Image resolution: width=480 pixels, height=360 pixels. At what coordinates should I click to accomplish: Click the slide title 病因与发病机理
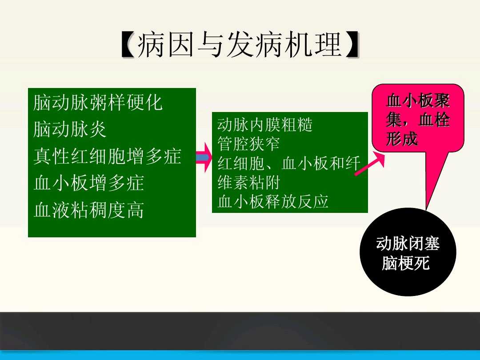tap(240, 45)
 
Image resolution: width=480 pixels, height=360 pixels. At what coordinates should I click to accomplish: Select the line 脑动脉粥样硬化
tap(98, 103)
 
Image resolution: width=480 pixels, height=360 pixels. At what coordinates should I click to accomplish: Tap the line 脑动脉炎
tap(70, 130)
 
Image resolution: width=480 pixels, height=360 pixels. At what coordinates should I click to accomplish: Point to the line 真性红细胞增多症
tap(107, 156)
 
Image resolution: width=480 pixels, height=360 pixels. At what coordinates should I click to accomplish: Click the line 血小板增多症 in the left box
tap(88, 183)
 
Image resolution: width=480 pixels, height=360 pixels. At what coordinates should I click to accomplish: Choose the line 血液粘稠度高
tap(88, 210)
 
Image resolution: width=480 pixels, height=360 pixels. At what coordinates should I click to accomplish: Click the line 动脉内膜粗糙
tap(265, 125)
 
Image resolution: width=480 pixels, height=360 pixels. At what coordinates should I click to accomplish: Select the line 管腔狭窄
tap(248, 144)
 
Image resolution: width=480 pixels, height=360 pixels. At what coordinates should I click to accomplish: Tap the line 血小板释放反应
tap(273, 201)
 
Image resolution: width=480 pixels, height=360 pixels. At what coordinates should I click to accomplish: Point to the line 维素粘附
tap(248, 182)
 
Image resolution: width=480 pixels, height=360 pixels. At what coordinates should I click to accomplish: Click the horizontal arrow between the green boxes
tap(203, 157)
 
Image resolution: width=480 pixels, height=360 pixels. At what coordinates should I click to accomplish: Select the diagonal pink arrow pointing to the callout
tap(369, 164)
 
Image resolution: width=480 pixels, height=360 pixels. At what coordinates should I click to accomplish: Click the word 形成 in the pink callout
tap(402, 139)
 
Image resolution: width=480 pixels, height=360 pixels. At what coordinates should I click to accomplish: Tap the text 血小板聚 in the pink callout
tap(418, 101)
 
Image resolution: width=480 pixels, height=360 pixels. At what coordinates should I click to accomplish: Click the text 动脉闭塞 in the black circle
tap(408, 244)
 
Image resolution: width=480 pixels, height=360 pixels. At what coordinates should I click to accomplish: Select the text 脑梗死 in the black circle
tap(405, 264)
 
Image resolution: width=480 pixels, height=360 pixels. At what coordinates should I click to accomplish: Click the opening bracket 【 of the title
tap(128, 45)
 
